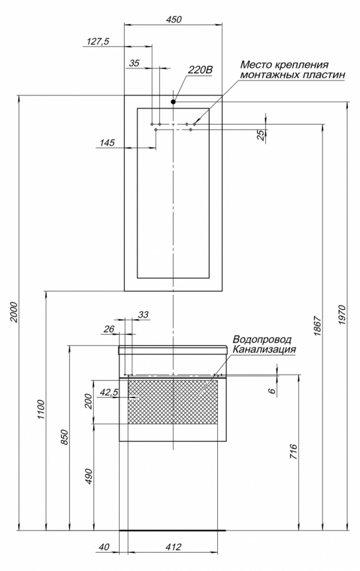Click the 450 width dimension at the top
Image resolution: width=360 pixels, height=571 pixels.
coord(173,19)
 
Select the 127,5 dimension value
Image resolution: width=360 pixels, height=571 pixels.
coord(98,42)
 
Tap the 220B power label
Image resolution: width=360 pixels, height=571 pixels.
coord(200,70)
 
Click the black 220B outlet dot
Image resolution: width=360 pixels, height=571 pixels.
coord(173,102)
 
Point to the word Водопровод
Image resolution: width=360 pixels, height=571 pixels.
coord(262,339)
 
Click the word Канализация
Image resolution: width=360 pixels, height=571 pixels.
coord(264,349)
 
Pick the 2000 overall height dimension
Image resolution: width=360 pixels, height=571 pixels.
coord(14,312)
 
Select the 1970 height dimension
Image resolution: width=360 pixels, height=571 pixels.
coord(341,315)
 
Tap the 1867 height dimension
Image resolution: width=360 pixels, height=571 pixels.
coord(317,325)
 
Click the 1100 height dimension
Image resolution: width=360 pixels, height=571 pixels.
coord(41,409)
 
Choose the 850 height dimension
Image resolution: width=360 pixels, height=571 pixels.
coord(64,437)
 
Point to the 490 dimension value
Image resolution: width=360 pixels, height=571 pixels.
coord(89,476)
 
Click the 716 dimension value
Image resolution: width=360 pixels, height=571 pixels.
coord(293,452)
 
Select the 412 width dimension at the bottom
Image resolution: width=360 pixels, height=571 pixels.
coord(173,547)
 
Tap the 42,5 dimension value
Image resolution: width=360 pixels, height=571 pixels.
coord(108,392)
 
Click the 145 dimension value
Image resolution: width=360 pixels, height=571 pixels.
coord(107,142)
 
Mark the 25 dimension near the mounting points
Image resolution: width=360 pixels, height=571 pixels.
coord(261,135)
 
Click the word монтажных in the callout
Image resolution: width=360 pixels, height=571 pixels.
coord(269,75)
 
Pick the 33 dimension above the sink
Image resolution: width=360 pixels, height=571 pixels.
coord(144,314)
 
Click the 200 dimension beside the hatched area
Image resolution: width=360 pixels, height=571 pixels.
coord(89,401)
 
